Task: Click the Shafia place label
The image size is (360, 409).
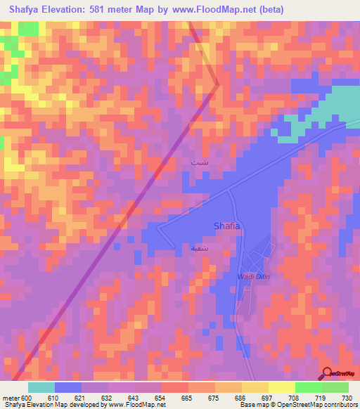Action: click(x=226, y=226)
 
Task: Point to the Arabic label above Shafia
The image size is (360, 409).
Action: click(x=199, y=162)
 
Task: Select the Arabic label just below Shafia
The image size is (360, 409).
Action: click(x=199, y=248)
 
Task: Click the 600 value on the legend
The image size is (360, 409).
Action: click(x=27, y=398)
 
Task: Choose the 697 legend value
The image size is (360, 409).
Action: click(x=268, y=398)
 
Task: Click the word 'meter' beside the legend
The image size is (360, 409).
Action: click(x=11, y=398)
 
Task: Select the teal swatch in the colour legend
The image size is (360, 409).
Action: click(x=41, y=387)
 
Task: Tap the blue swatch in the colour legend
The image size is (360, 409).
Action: click(x=68, y=387)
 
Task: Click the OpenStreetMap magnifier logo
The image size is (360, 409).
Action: click(x=327, y=374)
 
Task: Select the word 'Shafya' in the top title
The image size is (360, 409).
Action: click(x=26, y=9)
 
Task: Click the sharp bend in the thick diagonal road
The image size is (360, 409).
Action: click(x=218, y=85)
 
